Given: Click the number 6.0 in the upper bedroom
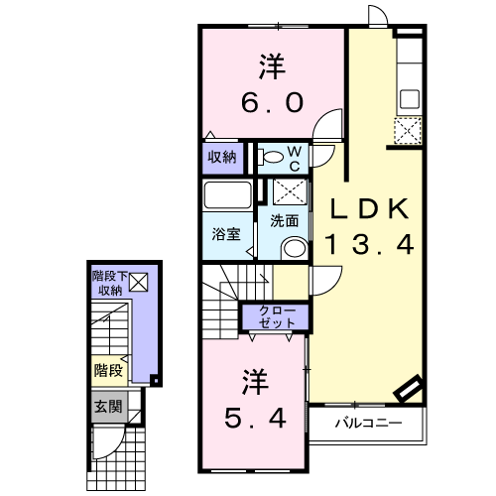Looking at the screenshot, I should [272, 103].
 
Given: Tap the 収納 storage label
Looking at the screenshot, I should [222, 156].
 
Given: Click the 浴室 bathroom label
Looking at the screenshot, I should [225, 235].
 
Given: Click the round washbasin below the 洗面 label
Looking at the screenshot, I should [291, 247].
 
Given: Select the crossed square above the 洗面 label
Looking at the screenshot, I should [290, 192].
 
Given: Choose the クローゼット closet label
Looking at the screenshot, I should [277, 317].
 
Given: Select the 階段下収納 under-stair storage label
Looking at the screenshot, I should [108, 283].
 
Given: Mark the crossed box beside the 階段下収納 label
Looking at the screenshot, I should [138, 283].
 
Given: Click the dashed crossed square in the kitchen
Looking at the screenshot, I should [407, 130].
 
